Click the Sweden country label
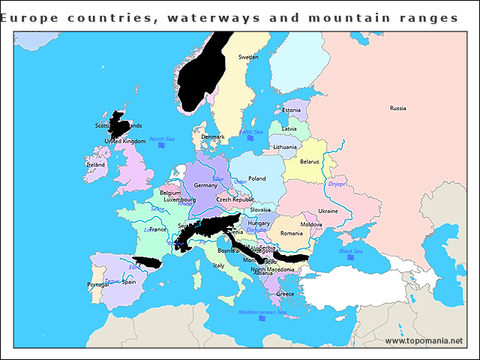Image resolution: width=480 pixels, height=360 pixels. [248, 57]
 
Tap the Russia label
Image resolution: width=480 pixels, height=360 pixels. [397, 108]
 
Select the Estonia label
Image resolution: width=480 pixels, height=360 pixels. [292, 110]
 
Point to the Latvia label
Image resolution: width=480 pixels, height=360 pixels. [289, 128]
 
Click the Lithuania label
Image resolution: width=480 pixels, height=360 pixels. [285, 147]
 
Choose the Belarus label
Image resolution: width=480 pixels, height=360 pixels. [309, 161]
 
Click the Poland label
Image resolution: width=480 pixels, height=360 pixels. [257, 178]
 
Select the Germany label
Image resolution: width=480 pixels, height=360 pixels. [205, 185]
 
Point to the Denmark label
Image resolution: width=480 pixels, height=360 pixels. [213, 136]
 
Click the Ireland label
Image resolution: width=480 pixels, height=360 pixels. [95, 164]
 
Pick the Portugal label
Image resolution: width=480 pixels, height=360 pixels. [98, 284]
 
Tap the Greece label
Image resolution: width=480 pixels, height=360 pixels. [285, 294]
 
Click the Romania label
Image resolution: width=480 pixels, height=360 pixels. [291, 233]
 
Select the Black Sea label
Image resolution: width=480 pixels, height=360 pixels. [350, 251]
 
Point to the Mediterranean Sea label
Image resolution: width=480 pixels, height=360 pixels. [262, 311]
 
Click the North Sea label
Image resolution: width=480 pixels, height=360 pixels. [161, 139]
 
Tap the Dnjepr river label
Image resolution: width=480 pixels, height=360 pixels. [337, 184]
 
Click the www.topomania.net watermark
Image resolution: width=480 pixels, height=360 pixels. [424, 340]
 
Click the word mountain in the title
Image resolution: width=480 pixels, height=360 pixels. [357, 17]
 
